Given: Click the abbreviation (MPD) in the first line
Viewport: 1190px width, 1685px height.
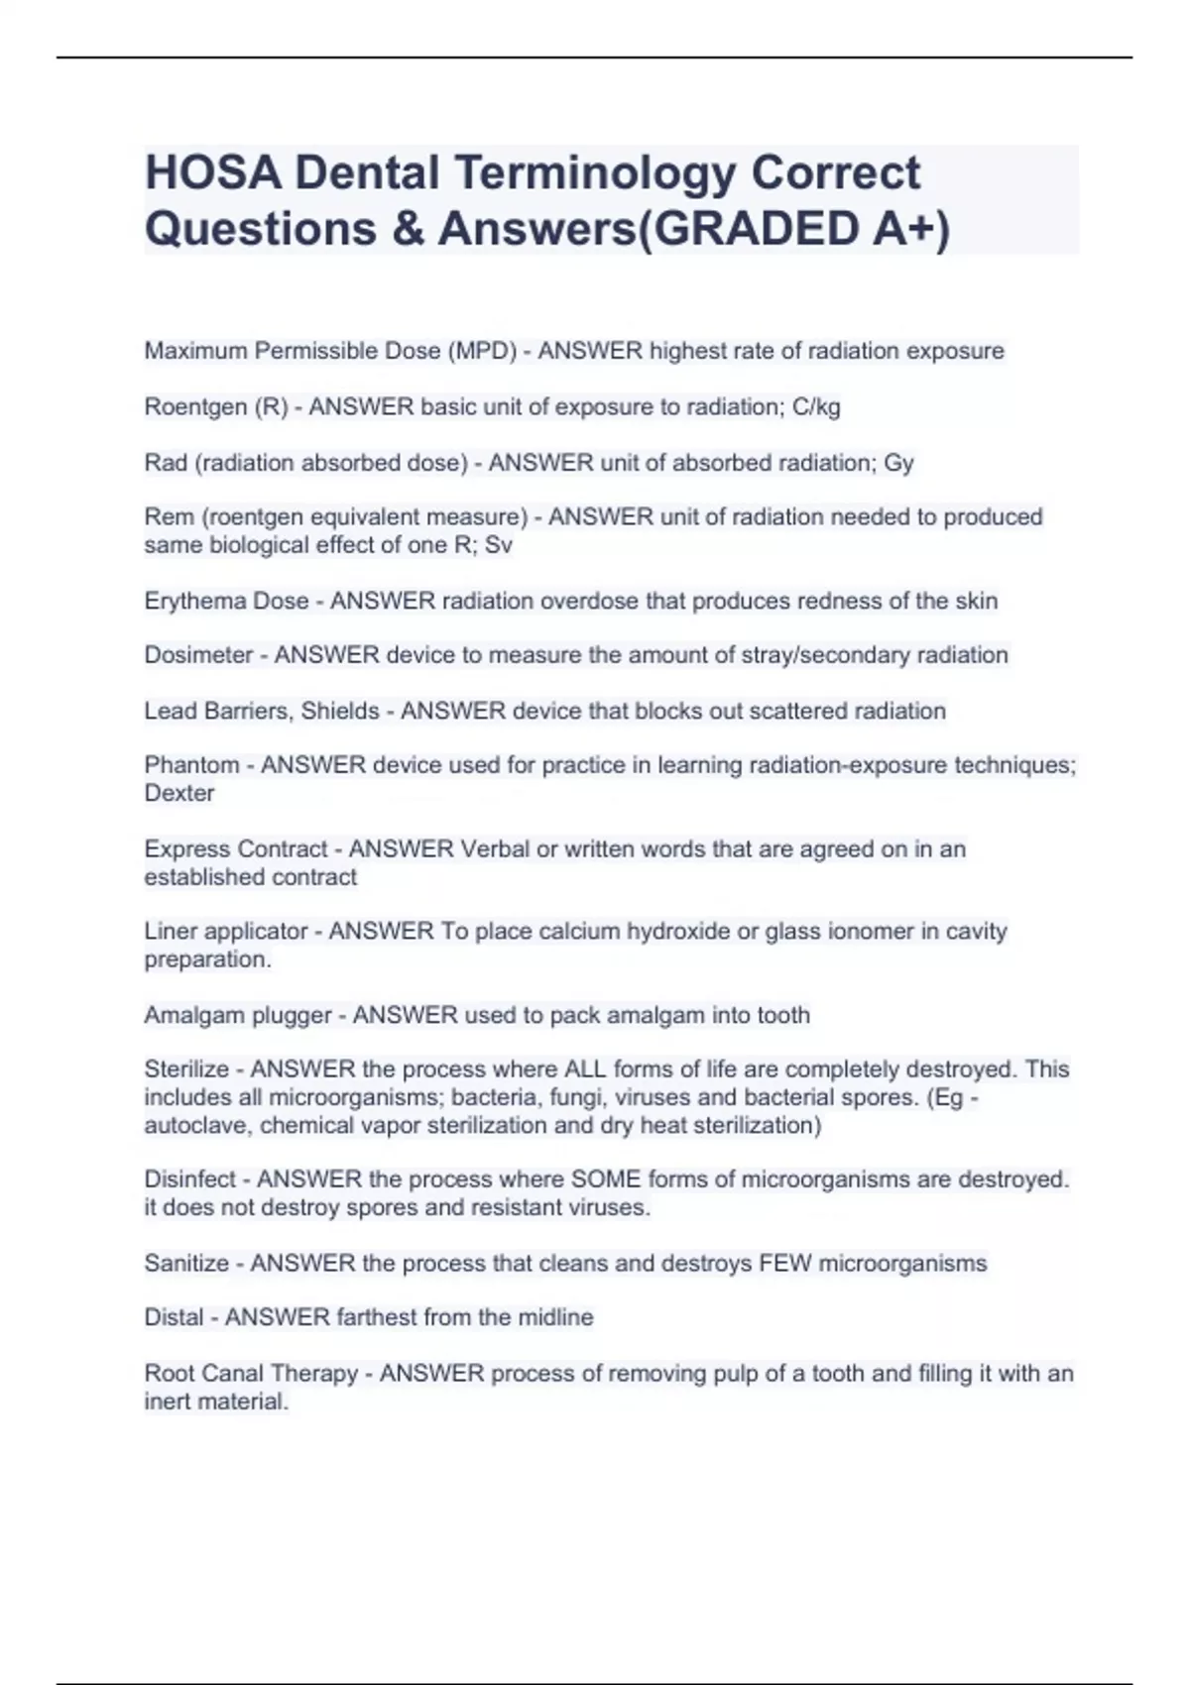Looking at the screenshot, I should click(x=482, y=351).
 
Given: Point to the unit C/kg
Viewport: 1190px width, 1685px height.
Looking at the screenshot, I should click(x=816, y=406).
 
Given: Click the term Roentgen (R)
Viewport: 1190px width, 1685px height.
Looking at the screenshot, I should click(x=215, y=406).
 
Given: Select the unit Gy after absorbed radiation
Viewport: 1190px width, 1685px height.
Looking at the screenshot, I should click(x=898, y=463).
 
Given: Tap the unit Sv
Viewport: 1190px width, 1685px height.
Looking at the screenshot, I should click(x=498, y=545).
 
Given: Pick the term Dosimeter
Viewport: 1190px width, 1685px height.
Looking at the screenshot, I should click(x=198, y=655).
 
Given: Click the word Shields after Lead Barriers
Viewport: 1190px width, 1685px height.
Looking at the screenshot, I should click(x=340, y=711).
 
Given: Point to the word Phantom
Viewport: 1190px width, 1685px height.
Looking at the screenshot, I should click(x=191, y=765).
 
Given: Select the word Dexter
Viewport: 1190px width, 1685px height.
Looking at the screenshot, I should click(x=178, y=793).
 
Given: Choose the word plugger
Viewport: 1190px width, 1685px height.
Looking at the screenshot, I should click(x=292, y=1015).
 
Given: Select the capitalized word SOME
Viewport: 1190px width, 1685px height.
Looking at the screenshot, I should click(x=604, y=1179).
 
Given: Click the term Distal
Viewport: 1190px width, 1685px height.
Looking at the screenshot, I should click(x=174, y=1317).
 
